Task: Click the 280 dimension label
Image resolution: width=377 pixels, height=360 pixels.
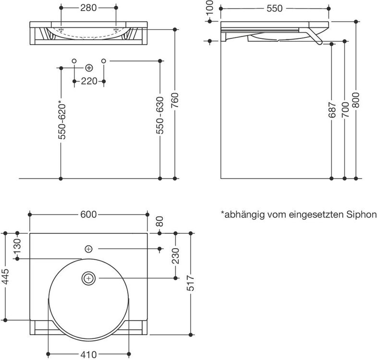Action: point(88,8)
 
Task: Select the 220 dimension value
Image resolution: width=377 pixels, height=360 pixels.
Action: point(89,81)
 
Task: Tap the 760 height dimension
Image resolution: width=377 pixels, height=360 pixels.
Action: point(175,100)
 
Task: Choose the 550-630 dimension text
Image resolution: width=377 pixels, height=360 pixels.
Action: point(160,115)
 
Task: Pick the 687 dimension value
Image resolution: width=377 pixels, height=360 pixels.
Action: point(332,110)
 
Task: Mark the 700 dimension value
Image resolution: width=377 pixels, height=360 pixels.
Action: point(345,109)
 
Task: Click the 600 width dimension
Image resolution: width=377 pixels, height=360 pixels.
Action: point(88,215)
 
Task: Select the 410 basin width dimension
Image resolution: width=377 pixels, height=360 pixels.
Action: point(89,354)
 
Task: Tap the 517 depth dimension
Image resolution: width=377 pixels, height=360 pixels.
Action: point(191,283)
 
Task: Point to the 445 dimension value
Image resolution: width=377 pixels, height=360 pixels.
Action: point(5,277)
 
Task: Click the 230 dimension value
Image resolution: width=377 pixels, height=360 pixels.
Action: point(176,256)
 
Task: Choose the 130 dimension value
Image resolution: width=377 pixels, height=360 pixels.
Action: point(17,246)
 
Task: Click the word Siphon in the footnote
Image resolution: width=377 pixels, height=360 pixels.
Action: point(361,215)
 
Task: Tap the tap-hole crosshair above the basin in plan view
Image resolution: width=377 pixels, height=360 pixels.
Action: point(89,249)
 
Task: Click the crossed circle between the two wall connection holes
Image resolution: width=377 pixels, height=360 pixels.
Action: point(89,68)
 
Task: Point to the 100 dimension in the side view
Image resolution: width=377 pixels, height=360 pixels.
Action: point(210,7)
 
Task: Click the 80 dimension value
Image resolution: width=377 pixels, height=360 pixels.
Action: point(159,221)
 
